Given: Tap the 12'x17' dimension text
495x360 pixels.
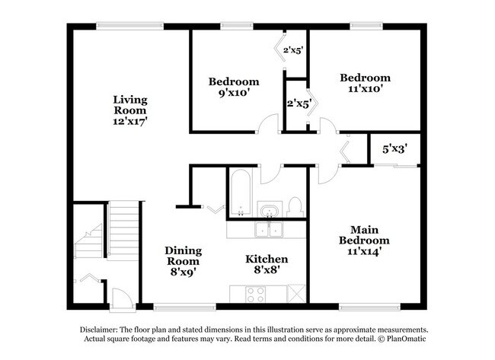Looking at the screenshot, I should [130, 120].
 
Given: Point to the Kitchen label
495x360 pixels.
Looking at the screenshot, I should [266, 260].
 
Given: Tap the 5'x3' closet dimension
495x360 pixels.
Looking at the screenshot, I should [399, 150].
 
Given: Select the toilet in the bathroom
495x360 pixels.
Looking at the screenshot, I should [295, 205].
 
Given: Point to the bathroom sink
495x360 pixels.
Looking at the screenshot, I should [268, 209].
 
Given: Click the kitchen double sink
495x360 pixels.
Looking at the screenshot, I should [268, 229].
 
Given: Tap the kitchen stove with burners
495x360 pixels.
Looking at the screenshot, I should [254, 292].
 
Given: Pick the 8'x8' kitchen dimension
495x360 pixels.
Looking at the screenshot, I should [266, 272].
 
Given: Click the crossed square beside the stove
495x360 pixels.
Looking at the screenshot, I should [296, 292].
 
